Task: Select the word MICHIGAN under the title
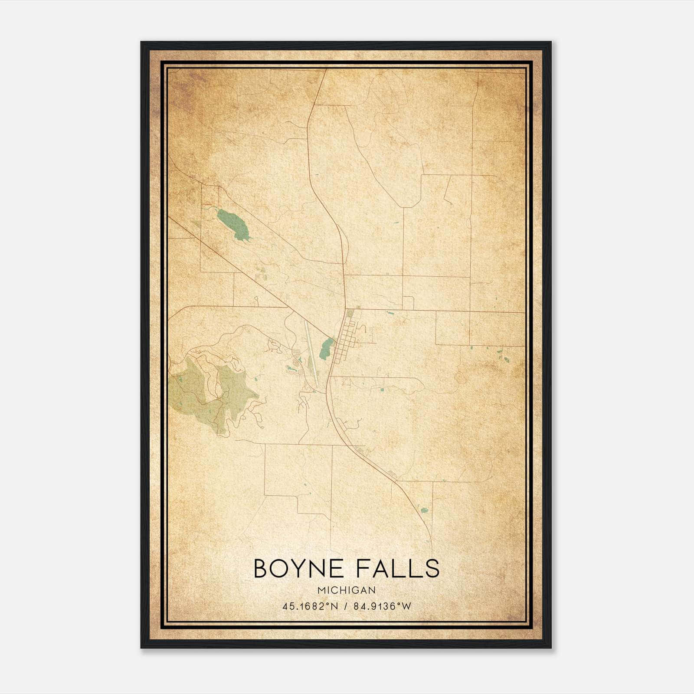point(347,590)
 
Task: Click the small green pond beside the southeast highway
point(424,507)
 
